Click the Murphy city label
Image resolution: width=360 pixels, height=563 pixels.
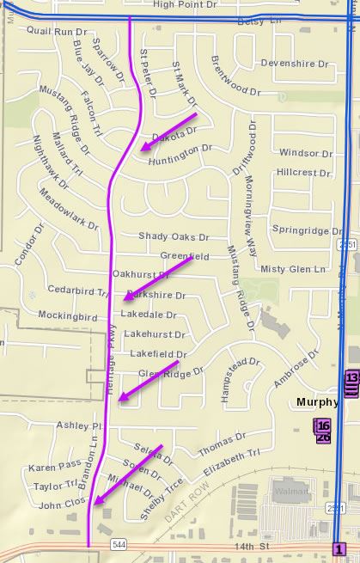coord(316,402)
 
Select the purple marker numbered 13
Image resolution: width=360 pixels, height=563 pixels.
coord(351,378)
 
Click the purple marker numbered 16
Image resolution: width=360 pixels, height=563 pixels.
coord(323,426)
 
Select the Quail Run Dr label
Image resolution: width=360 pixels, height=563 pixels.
coord(51,32)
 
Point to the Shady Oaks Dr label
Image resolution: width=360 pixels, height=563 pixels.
coord(174,236)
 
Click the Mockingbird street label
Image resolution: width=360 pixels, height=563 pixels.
coord(68,315)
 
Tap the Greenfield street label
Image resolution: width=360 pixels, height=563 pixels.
coord(185,256)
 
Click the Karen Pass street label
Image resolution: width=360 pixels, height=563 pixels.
coord(54,468)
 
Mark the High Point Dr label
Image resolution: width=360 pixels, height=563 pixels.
coord(184,5)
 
